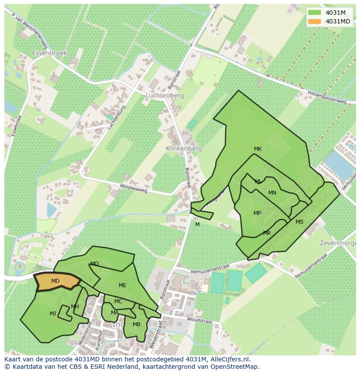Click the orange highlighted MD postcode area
coord(57,281)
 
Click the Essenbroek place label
coord(50,53)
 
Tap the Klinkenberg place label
coord(184,149)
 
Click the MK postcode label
coord(258,149)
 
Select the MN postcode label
coord(272,193)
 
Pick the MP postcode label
coord(257,213)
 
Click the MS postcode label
coord(300,222)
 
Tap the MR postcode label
coord(267,233)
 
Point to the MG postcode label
coord(94,264)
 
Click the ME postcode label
coord(123,285)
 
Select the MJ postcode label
coord(53,313)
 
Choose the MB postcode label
coord(137,324)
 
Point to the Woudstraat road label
coord(200,320)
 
